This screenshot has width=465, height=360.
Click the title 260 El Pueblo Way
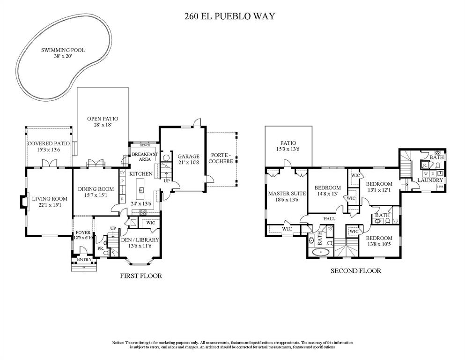pos(229,16)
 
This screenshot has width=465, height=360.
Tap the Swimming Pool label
pos(63,50)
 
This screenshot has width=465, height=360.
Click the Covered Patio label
pos(48,143)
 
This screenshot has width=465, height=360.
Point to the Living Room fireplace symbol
pos(22,202)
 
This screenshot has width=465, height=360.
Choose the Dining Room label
pos(96,189)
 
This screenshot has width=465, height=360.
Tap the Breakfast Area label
pos(144,157)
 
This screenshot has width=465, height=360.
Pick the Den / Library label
pos(140,240)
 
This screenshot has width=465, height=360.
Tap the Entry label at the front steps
pos(84,259)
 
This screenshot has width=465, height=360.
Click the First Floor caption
pos(141,276)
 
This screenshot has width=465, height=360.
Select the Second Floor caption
pos(355,271)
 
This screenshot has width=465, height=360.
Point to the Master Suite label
pos(287,193)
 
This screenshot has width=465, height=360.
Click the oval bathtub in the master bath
pos(321,252)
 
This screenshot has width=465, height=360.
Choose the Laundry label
pos(429,180)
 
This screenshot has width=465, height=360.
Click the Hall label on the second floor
pos(331,218)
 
